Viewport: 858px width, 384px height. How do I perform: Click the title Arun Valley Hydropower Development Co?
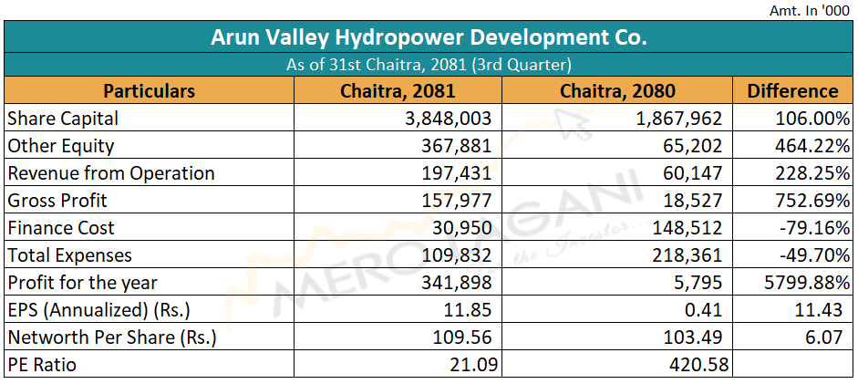pyautogui.click(x=429, y=37)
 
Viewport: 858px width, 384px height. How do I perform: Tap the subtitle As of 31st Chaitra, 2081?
pyautogui.click(x=429, y=65)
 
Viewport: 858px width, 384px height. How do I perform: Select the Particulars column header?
pyautogui.click(x=149, y=90)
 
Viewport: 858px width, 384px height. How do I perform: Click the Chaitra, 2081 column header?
pyautogui.click(x=397, y=90)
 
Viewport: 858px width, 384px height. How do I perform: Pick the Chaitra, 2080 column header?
pyautogui.click(x=617, y=90)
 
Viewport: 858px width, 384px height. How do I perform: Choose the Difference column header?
pyautogui.click(x=791, y=90)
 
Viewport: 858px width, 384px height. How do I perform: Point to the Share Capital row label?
pyautogui.click(x=63, y=119)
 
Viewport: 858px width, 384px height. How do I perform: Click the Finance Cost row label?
pyautogui.click(x=60, y=228)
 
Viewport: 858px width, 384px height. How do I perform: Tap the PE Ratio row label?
pyautogui.click(x=42, y=365)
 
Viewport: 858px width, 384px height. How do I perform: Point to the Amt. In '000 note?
pyautogui.click(x=808, y=8)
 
